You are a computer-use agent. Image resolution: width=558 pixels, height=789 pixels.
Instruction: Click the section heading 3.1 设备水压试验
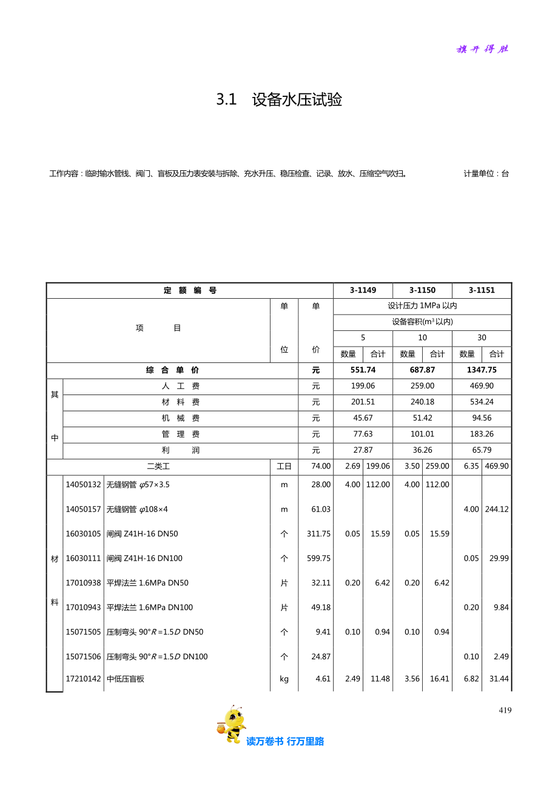pyautogui.click(x=279, y=99)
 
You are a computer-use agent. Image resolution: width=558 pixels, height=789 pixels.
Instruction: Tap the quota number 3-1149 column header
pyautogui.click(x=363, y=290)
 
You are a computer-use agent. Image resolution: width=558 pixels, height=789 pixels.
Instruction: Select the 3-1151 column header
pyautogui.click(x=482, y=290)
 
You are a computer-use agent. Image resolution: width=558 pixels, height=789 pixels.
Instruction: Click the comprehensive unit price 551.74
pyautogui.click(x=363, y=370)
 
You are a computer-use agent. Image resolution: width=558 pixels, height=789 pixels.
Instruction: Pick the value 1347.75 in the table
pyautogui.click(x=482, y=370)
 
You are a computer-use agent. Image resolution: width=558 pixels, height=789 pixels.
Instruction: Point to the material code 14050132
pyautogui.click(x=83, y=485)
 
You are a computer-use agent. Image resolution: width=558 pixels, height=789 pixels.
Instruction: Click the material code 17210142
pyautogui.click(x=83, y=679)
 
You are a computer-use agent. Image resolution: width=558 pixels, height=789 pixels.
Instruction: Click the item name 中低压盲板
pyautogui.click(x=126, y=679)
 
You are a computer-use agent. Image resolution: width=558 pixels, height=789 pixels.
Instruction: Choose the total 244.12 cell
pyautogui.click(x=497, y=510)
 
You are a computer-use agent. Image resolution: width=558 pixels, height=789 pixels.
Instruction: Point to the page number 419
pyautogui.click(x=505, y=710)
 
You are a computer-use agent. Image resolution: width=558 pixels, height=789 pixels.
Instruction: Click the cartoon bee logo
pyautogui.click(x=232, y=724)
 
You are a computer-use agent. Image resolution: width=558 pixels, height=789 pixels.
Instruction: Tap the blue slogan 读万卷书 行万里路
pyautogui.click(x=285, y=741)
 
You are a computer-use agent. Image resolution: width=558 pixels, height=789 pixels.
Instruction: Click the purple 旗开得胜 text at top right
pyautogui.click(x=482, y=49)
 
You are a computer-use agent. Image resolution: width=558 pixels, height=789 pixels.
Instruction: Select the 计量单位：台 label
pyautogui.click(x=486, y=174)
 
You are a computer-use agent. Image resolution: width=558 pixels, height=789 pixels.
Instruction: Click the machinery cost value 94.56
pyautogui.click(x=482, y=418)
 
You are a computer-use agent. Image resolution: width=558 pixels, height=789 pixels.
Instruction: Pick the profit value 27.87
pyautogui.click(x=363, y=450)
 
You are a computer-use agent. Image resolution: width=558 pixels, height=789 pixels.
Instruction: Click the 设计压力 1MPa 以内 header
pyautogui.click(x=422, y=306)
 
